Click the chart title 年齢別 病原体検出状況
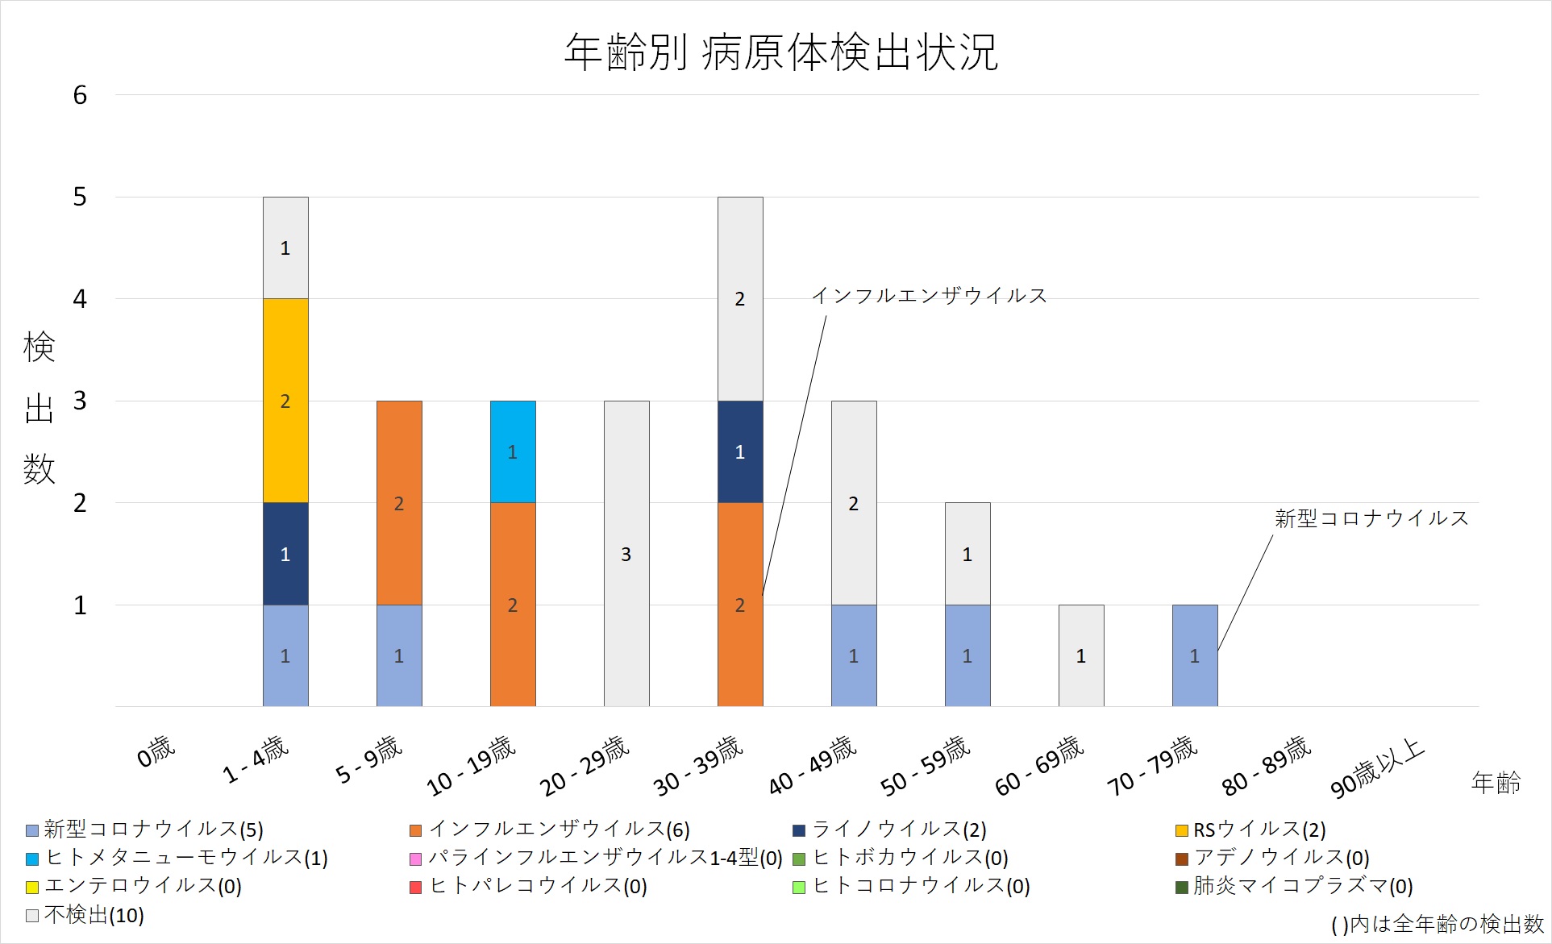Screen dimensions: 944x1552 click(x=780, y=53)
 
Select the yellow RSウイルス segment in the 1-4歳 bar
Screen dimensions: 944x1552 click(x=285, y=401)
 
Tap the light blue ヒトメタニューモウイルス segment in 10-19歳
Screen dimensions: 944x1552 click(x=513, y=451)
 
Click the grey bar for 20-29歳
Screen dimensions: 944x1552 click(x=626, y=554)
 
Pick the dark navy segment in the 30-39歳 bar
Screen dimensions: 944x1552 click(x=740, y=451)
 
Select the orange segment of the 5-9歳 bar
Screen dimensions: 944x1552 click(x=399, y=502)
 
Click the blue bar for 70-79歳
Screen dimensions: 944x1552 click(x=1195, y=655)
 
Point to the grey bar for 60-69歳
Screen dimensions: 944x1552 click(x=1081, y=655)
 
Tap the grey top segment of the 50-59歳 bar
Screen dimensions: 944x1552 click(x=967, y=554)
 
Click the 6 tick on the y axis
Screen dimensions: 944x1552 click(x=80, y=95)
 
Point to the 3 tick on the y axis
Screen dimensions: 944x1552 click(x=80, y=401)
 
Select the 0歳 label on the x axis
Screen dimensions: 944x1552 click(x=156, y=752)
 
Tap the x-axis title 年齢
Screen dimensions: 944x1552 click(x=1496, y=782)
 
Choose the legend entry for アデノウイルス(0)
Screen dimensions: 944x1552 click(x=1281, y=858)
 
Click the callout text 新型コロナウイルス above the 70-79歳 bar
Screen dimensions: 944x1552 click(x=1371, y=518)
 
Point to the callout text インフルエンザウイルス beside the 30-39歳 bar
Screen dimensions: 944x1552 click(x=929, y=296)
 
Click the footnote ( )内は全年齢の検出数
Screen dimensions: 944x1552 click(x=1437, y=924)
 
